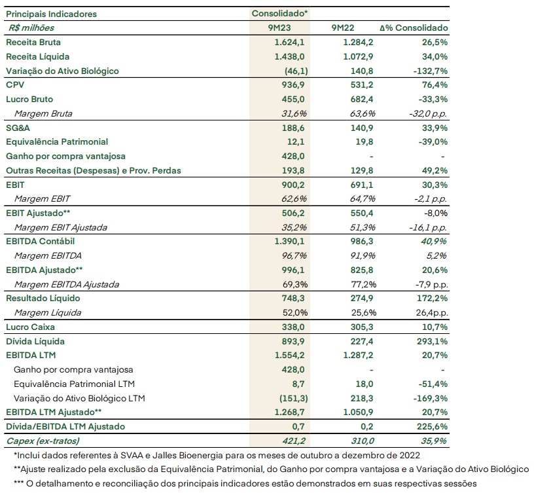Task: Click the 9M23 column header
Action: point(279,28)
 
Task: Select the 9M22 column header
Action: point(343,28)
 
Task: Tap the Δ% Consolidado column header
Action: point(414,28)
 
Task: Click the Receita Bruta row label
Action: point(33,43)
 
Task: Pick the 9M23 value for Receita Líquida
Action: point(289,56)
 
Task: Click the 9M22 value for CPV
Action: point(362,85)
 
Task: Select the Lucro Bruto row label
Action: point(29,99)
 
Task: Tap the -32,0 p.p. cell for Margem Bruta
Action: point(428,113)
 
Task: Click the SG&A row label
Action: point(18,128)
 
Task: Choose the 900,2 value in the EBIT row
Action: point(293,185)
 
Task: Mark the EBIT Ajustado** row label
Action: point(38,213)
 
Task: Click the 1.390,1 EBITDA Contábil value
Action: point(289,241)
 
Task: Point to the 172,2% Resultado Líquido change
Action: point(432,298)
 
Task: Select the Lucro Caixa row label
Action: point(30,327)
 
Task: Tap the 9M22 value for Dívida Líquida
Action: point(362,341)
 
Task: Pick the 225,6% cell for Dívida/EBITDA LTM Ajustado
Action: point(432,427)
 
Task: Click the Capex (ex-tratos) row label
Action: point(43,441)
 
